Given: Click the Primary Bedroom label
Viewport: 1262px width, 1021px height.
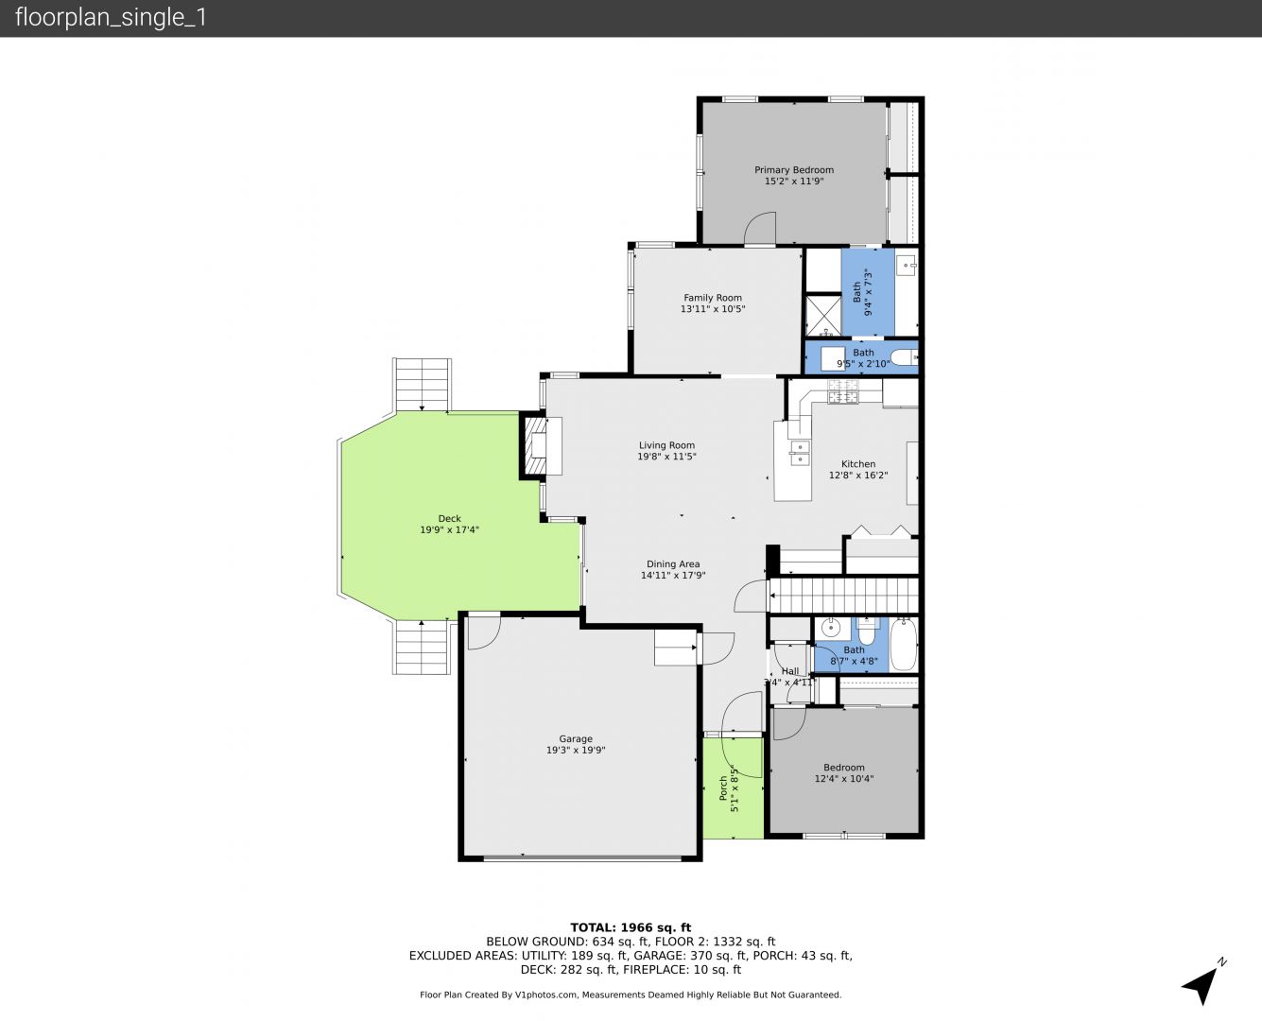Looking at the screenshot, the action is (794, 170).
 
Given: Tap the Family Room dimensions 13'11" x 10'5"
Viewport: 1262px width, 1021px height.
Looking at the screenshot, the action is (712, 309).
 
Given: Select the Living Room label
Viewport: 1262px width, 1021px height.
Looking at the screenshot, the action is (666, 445).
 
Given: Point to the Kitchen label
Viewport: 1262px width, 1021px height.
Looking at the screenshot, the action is (858, 464).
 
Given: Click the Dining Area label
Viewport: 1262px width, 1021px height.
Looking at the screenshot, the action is (673, 564).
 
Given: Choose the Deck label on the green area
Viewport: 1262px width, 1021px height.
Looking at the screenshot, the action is (450, 518).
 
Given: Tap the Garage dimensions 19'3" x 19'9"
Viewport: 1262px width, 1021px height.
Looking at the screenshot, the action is (576, 751).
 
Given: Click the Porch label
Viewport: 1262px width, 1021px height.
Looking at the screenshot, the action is (723, 788).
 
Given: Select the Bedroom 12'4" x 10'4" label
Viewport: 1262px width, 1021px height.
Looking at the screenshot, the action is (844, 773).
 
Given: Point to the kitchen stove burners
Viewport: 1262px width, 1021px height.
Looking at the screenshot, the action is (842, 391).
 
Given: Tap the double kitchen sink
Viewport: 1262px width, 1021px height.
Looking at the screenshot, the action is (800, 453).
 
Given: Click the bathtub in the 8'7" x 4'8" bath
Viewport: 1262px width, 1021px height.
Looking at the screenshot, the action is (904, 646).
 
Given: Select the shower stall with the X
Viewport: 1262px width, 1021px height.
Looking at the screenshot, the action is (823, 315).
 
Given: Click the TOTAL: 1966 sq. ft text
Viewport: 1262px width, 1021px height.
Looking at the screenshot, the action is (631, 928).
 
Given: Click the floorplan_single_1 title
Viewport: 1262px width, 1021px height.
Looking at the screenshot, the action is (111, 18).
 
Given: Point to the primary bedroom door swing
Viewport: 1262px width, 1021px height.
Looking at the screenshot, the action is (760, 228).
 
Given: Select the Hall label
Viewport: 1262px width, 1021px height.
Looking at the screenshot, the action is (789, 671).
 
